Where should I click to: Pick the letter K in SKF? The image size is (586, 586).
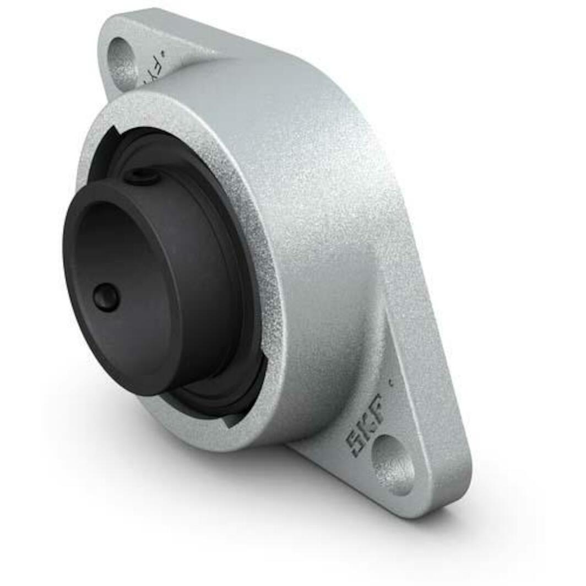tap(365, 425)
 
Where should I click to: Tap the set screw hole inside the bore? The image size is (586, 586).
tap(105, 297)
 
